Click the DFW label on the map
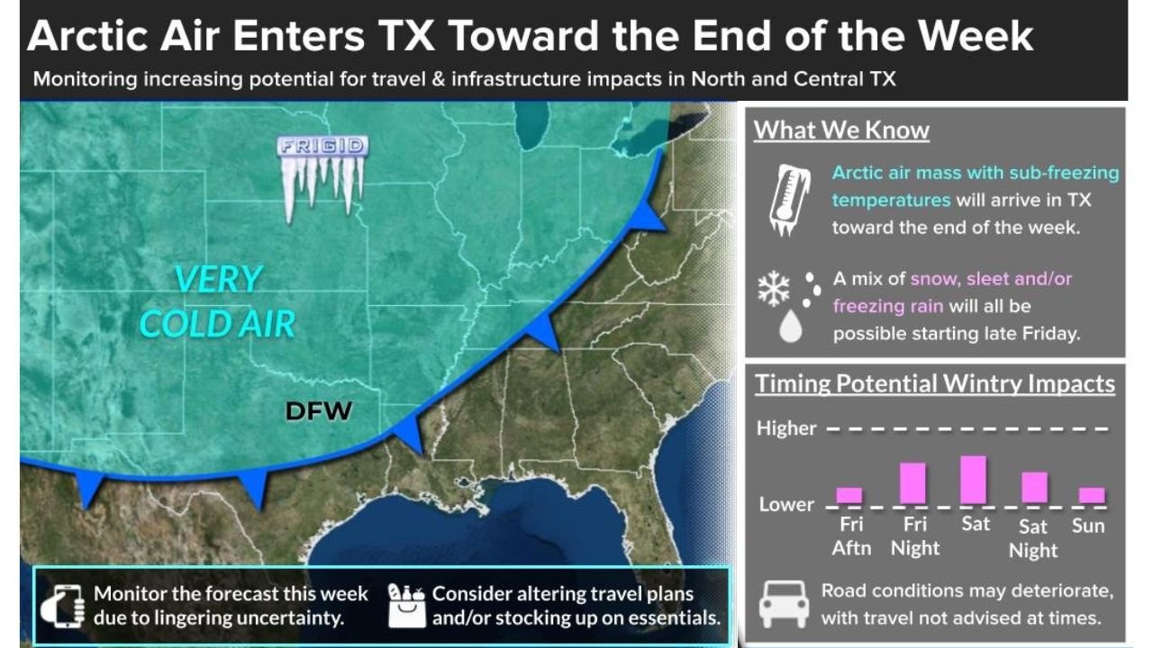pos(318,411)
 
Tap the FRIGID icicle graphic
pos(322,176)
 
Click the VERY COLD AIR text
pos(217,301)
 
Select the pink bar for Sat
pos(973,480)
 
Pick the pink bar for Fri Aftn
pos(849,495)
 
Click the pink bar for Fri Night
pos(912,483)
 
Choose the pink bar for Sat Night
pos(1034,487)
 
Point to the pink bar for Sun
pos(1091,495)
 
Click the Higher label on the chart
pos(786,428)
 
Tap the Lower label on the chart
pos(785,504)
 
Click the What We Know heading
pos(841,130)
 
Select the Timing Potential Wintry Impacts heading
pos(935,384)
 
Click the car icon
pos(784,604)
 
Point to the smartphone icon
pos(62,605)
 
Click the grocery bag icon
pos(407,604)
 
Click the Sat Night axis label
pos(1032,538)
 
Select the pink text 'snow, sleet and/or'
pos(992,279)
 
